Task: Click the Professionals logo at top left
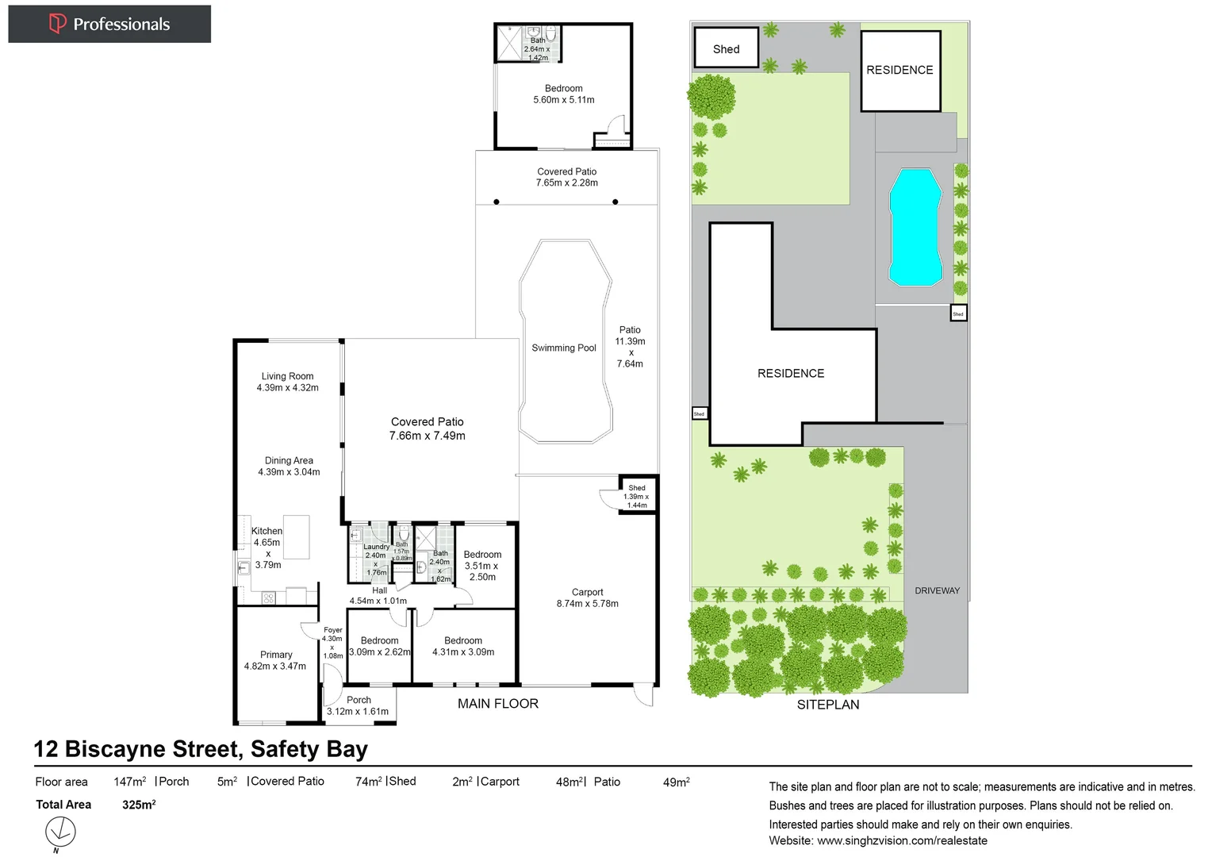[x=109, y=24]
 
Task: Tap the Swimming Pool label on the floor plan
[x=563, y=348]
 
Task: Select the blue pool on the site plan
[x=915, y=227]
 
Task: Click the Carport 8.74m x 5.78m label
[x=587, y=598]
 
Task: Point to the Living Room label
[x=287, y=382]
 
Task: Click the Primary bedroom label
[x=275, y=660]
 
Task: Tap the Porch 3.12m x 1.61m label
[x=358, y=705]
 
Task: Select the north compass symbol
[x=59, y=832]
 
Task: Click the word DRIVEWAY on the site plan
[x=937, y=590]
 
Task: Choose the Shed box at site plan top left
[x=726, y=48]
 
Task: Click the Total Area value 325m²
[x=139, y=804]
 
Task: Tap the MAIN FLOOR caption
[x=497, y=703]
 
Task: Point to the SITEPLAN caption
[x=827, y=704]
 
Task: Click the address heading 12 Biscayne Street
[x=201, y=748]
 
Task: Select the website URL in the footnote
[x=902, y=840]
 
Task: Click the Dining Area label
[x=289, y=466]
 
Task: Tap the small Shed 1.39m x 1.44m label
[x=637, y=496]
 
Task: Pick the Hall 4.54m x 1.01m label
[x=378, y=595]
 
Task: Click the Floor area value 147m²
[x=129, y=782]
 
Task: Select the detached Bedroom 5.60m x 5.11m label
[x=563, y=94]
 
